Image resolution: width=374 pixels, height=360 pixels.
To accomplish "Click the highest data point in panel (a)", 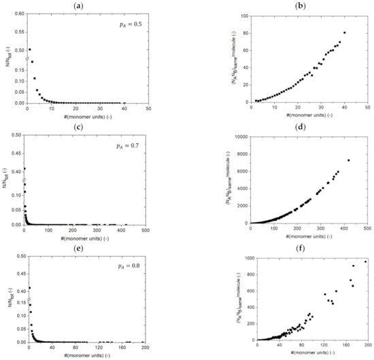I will [x=29, y=50].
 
